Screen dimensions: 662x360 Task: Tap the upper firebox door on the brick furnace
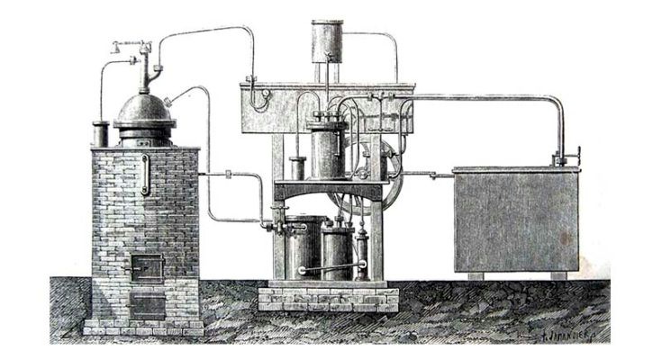coord(145,265)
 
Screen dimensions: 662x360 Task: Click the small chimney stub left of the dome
coord(101,134)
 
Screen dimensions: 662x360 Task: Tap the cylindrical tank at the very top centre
coord(330,40)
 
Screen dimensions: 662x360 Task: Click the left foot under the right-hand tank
coord(474,275)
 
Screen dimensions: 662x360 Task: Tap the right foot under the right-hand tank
coord(558,275)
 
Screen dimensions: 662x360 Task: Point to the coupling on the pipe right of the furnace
coord(230,174)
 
